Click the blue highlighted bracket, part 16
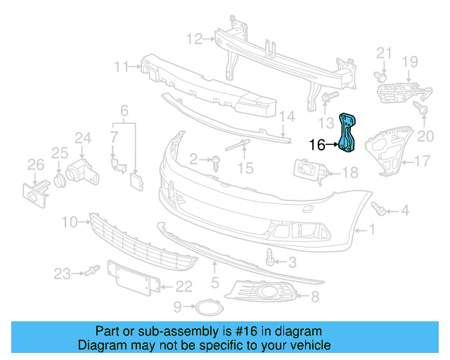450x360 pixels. [x=349, y=132]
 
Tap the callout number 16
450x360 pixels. [x=318, y=145]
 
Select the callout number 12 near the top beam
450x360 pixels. [x=194, y=37]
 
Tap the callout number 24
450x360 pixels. [x=84, y=138]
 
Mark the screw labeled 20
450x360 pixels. [x=421, y=108]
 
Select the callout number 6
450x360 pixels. [x=124, y=110]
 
